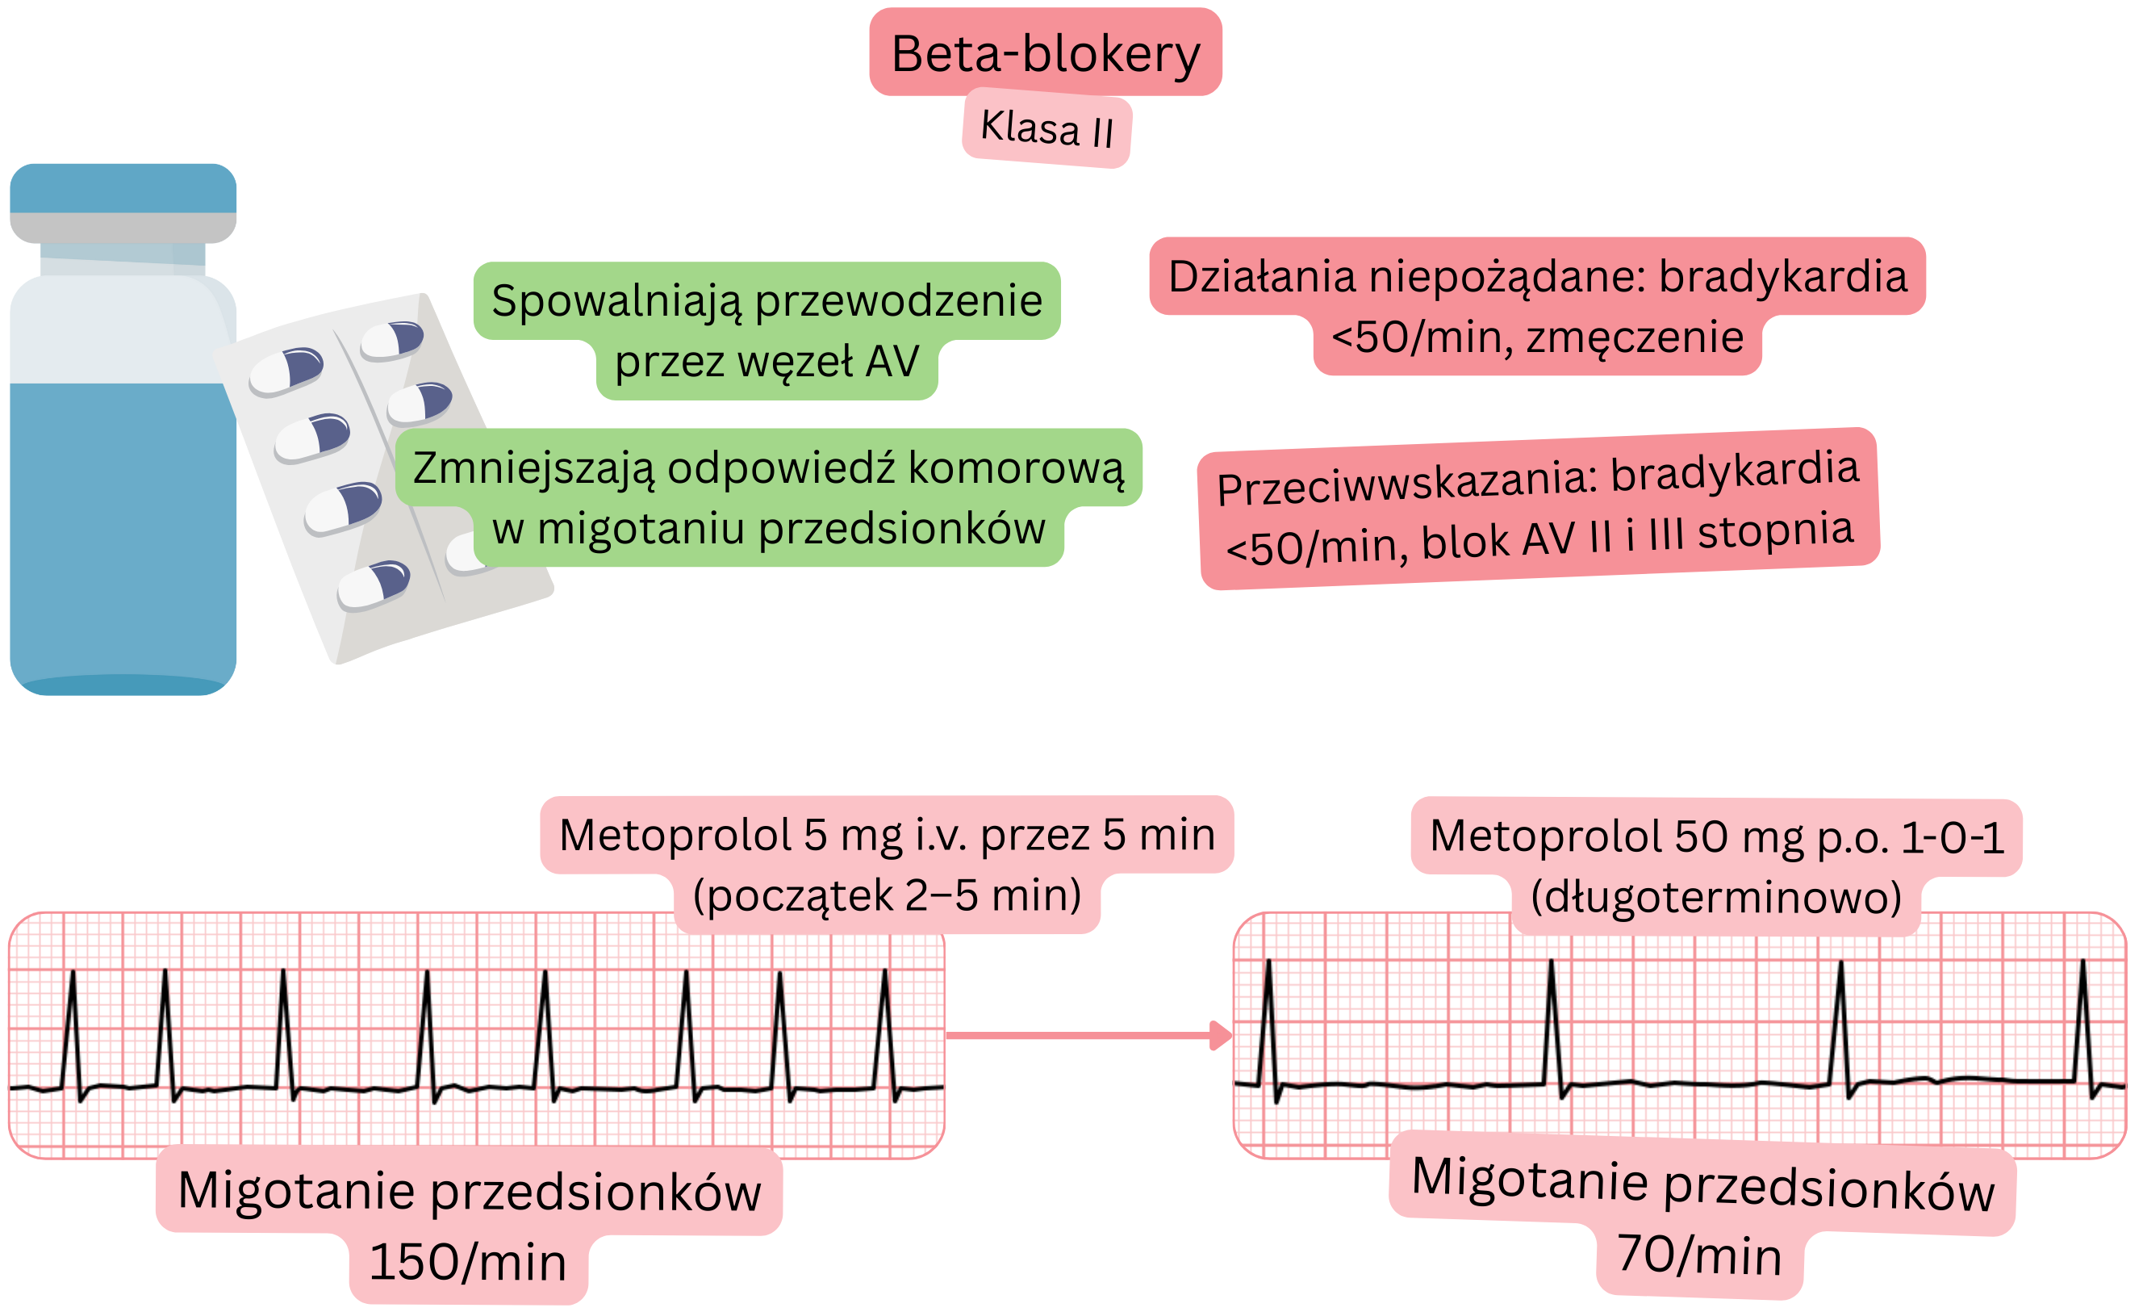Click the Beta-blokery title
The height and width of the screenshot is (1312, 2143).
(x=1046, y=54)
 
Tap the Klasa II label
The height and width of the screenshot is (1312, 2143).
(x=1047, y=128)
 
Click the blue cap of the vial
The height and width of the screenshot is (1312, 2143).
(x=123, y=188)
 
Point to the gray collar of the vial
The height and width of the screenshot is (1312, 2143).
(x=123, y=228)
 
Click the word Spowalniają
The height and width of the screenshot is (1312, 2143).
(x=618, y=301)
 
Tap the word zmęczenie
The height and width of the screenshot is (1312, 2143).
(x=1634, y=337)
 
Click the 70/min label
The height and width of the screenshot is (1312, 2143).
(x=1699, y=1255)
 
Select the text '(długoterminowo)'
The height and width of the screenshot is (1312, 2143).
(x=1716, y=897)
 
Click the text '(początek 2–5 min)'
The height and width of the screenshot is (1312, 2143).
(x=887, y=895)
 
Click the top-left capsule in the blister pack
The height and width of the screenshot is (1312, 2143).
(x=286, y=370)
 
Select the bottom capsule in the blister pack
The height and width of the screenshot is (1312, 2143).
(x=374, y=585)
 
